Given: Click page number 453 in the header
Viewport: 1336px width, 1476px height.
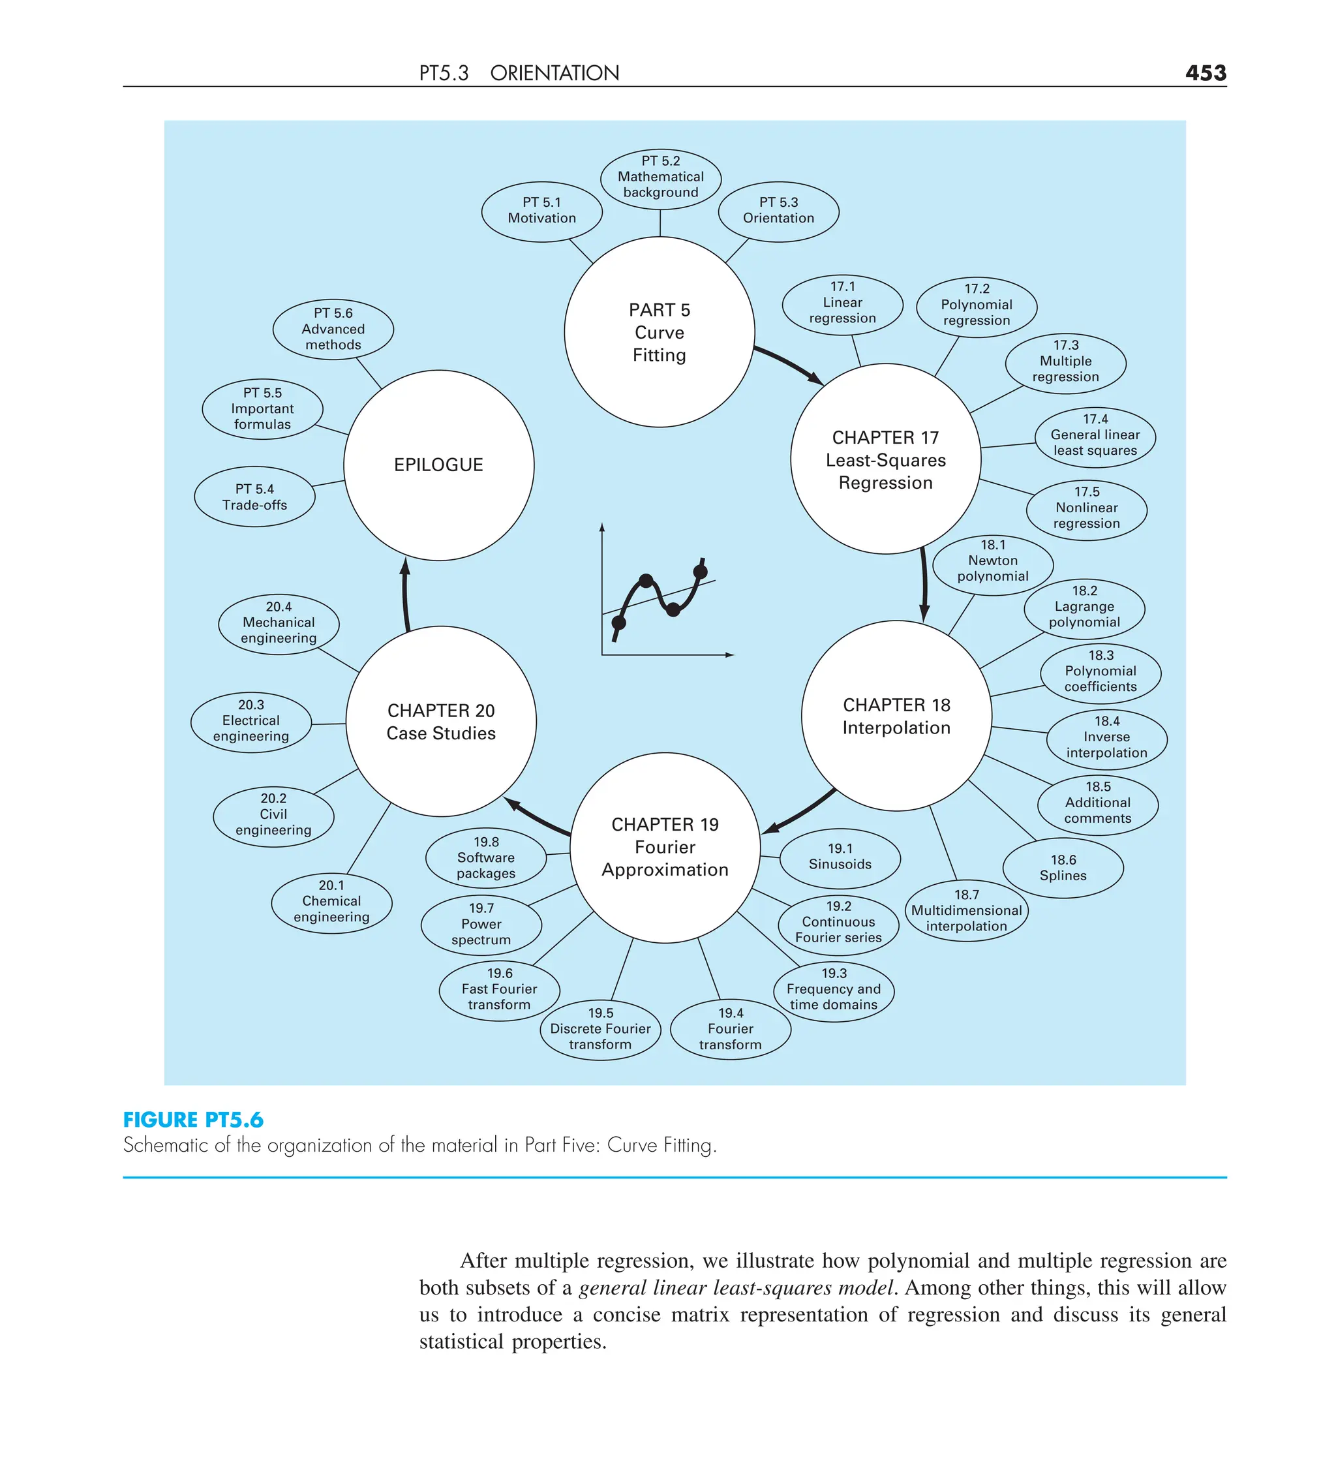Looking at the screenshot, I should coord(1205,72).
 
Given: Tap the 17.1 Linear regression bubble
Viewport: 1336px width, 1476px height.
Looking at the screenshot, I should coord(842,302).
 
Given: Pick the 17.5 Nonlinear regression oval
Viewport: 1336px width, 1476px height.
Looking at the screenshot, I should coord(1086,508).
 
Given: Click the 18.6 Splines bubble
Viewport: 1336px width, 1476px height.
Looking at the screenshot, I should coord(1063,868).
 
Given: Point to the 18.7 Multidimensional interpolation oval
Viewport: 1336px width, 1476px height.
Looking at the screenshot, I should coord(966,910).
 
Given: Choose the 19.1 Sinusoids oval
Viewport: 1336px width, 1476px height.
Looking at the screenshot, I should coord(840,857).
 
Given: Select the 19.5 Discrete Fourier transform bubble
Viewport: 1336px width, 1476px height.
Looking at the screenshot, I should coord(600,1028).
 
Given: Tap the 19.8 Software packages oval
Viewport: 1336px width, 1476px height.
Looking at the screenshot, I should coord(485,857).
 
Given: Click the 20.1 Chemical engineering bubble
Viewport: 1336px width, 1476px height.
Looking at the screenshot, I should coord(331,901).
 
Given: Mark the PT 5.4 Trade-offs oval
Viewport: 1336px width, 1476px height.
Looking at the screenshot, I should coord(255,497).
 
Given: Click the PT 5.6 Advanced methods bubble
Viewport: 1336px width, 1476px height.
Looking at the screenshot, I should coord(333,329).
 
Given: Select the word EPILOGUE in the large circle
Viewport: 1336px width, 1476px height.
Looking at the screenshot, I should coord(438,465).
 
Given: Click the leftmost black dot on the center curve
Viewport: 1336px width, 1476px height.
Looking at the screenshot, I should coord(618,623).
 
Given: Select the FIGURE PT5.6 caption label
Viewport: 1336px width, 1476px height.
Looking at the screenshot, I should coord(192,1120).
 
